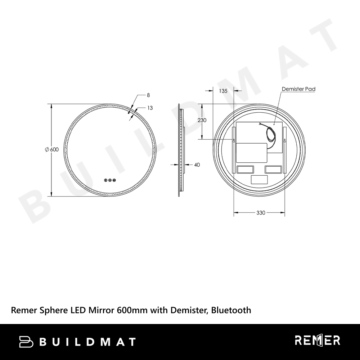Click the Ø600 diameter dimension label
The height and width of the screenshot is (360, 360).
(x=52, y=149)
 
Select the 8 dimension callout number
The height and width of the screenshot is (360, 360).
(x=148, y=95)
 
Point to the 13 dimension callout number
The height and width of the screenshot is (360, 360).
(x=150, y=108)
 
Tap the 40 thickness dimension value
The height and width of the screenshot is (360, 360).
(x=197, y=165)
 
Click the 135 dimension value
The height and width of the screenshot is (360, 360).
(x=223, y=91)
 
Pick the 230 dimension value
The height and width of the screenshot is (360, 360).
(x=202, y=120)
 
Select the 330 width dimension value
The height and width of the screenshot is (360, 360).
(x=261, y=213)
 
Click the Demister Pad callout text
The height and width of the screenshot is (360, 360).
(x=298, y=89)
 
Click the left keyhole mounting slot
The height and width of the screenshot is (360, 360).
(x=234, y=140)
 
